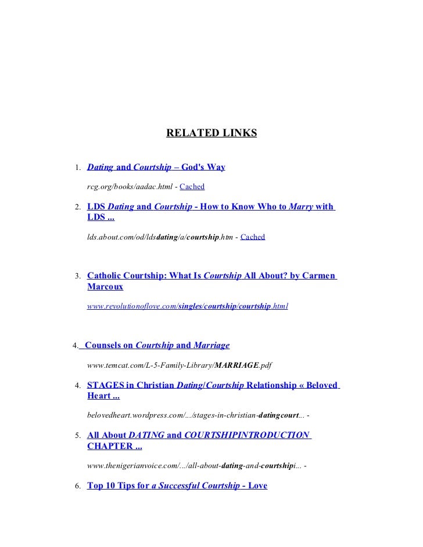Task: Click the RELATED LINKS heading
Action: pos(211,133)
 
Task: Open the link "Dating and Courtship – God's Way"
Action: pos(156,168)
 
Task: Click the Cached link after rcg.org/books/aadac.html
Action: pos(192,187)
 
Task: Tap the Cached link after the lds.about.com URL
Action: pos(252,237)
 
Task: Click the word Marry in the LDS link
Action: pos(301,206)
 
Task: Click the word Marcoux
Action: pos(105,287)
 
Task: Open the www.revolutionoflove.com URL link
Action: pos(187,306)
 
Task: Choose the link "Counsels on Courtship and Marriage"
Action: pos(157,345)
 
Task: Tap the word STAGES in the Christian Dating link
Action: pos(105,385)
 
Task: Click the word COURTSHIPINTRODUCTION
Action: pos(246,434)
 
